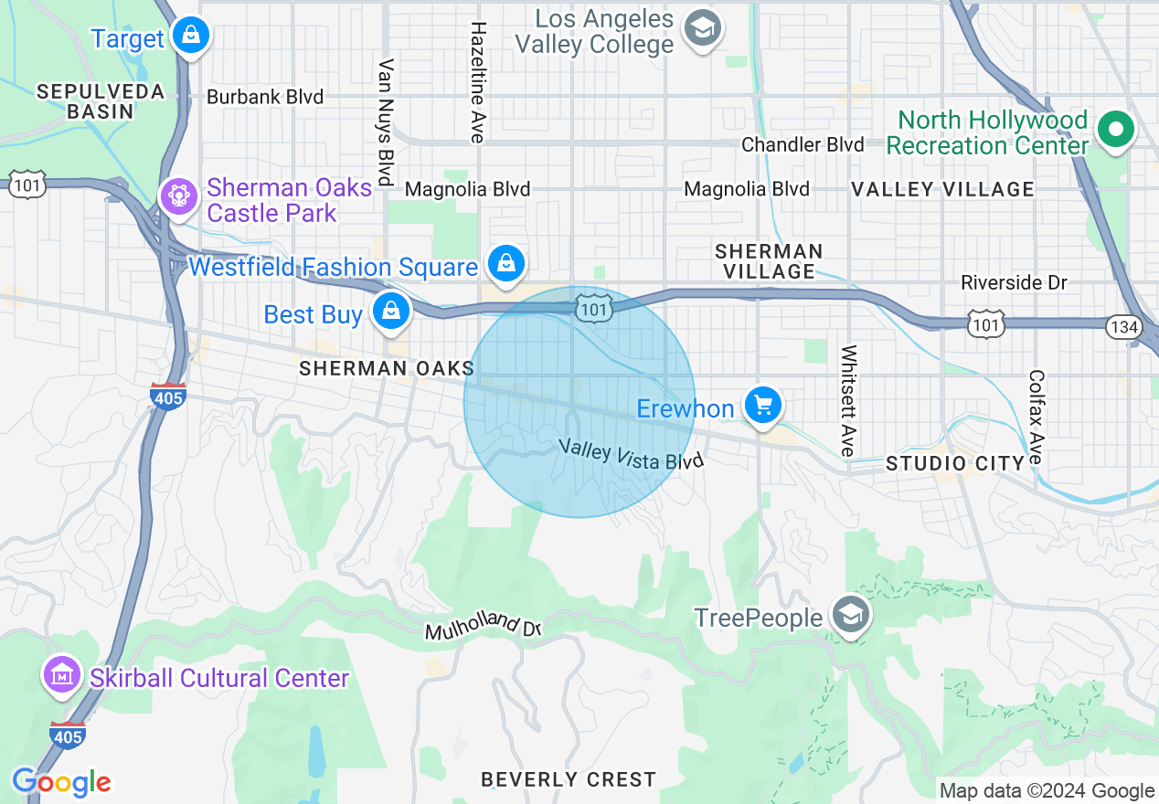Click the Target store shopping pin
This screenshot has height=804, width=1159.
[190, 36]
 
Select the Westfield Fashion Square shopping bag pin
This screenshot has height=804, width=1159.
[505, 263]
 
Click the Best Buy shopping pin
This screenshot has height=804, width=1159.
[391, 311]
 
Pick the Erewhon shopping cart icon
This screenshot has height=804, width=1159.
[762, 404]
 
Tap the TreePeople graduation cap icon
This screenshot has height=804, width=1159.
[851, 616]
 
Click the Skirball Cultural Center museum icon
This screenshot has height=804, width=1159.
[62, 676]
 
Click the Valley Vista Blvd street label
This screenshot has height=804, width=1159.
[631, 454]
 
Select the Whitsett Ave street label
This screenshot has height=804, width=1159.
[848, 400]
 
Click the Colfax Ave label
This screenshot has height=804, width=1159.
[1036, 416]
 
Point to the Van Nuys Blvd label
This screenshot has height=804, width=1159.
[386, 122]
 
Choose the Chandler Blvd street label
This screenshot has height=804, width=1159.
[803, 144]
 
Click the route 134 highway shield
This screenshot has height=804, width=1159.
[1121, 326]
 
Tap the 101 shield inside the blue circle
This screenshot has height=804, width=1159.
[592, 310]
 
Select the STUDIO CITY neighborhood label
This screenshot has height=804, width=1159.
[955, 464]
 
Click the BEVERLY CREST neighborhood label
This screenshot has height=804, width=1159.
[569, 779]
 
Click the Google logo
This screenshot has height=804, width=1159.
[61, 782]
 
